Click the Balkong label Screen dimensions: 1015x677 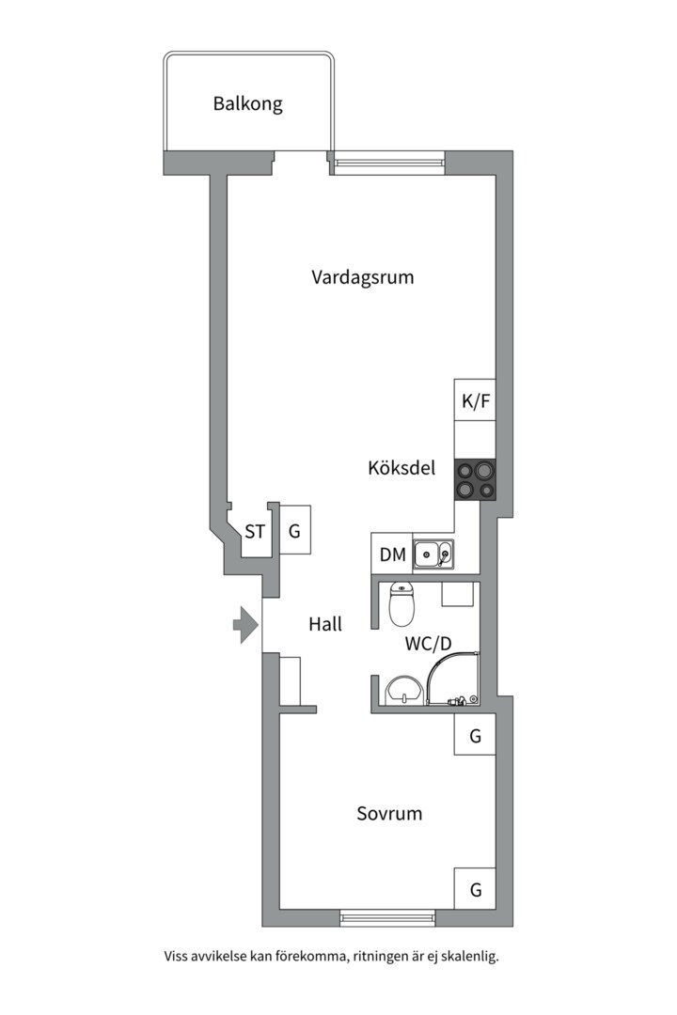point(247,103)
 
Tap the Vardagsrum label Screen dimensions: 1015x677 point(362,277)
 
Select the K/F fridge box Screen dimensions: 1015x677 point(476,401)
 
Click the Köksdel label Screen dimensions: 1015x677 point(401,467)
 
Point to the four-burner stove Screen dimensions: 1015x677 point(476,479)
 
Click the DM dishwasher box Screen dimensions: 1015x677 point(392,554)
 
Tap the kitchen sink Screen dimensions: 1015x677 point(433,554)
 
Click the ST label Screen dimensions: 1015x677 point(255,532)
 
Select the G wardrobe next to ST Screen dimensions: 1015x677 point(294,532)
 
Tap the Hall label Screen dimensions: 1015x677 point(325,624)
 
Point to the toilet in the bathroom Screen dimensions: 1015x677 point(401,606)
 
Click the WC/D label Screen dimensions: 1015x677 point(429,644)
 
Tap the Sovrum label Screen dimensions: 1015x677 point(388,814)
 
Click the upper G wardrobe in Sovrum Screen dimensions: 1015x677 point(475,736)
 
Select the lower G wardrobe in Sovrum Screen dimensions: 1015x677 point(475,889)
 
